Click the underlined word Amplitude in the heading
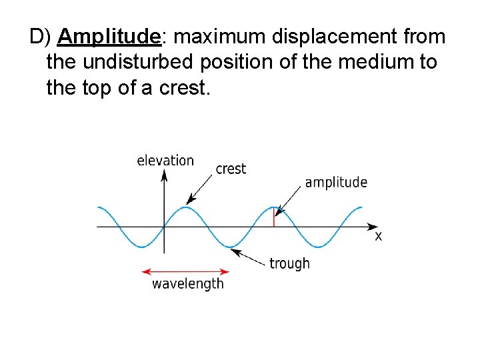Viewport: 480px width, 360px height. point(109,37)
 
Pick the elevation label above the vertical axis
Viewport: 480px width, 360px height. point(165,160)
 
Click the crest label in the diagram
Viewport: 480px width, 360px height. point(231,169)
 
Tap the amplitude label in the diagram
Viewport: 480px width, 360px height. point(336,183)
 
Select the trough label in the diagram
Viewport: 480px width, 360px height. point(289,263)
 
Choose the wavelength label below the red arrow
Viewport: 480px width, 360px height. point(188,284)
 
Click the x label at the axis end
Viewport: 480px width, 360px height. point(378,236)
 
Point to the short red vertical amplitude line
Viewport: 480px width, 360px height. point(274,218)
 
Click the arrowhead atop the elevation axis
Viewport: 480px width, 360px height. point(164,175)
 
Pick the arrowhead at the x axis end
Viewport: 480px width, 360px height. point(371,227)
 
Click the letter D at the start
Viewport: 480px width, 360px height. point(36,37)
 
